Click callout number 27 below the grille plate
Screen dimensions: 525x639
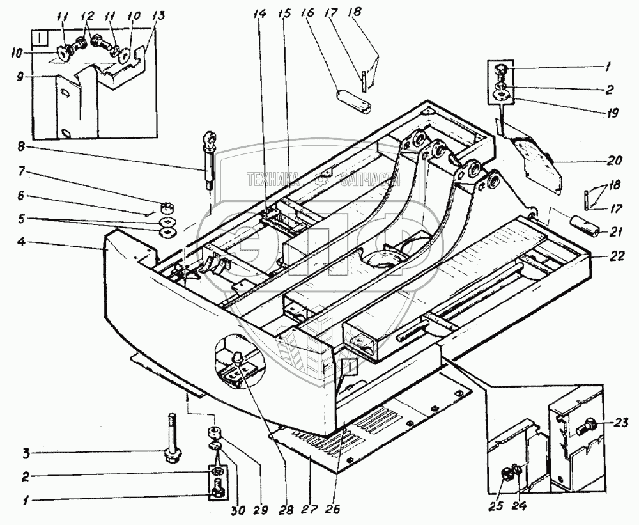[x=310, y=510]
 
